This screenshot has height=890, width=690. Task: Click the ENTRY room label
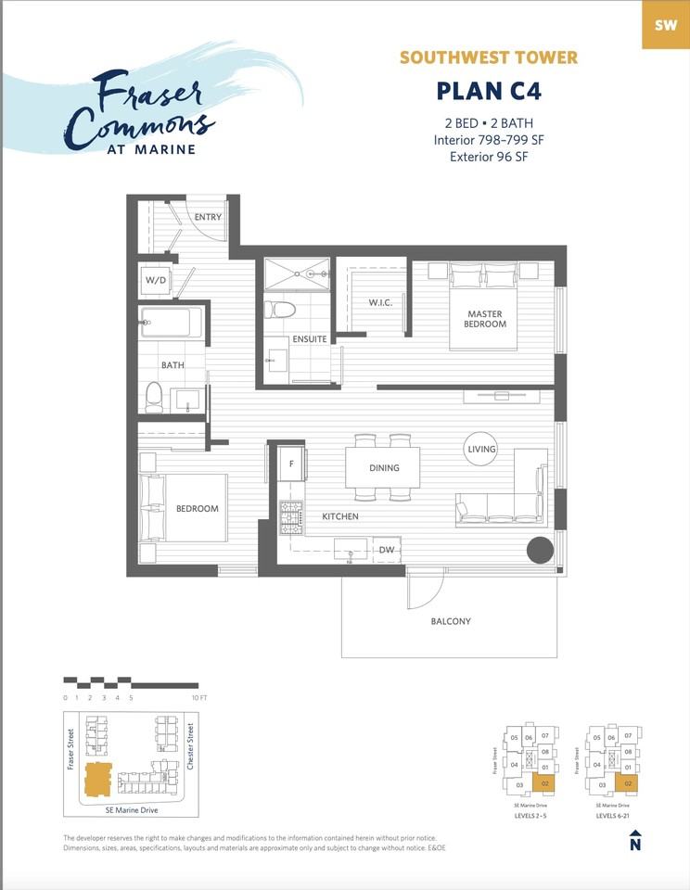[x=208, y=216]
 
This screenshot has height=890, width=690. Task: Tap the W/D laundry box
[x=155, y=279]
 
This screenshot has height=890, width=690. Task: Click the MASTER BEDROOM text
[x=486, y=319]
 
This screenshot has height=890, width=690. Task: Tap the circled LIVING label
[x=481, y=449]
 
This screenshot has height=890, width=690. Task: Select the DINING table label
[x=383, y=468]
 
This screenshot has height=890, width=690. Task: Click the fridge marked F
[x=291, y=463]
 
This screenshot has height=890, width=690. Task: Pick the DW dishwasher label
[x=387, y=550]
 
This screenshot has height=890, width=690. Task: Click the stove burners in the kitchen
[x=291, y=517]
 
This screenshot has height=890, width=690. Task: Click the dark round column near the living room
[x=540, y=550]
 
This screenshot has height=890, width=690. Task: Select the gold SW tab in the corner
[x=665, y=25]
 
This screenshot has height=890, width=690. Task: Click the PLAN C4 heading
[x=488, y=92]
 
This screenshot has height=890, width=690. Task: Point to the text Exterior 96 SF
[x=488, y=157]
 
